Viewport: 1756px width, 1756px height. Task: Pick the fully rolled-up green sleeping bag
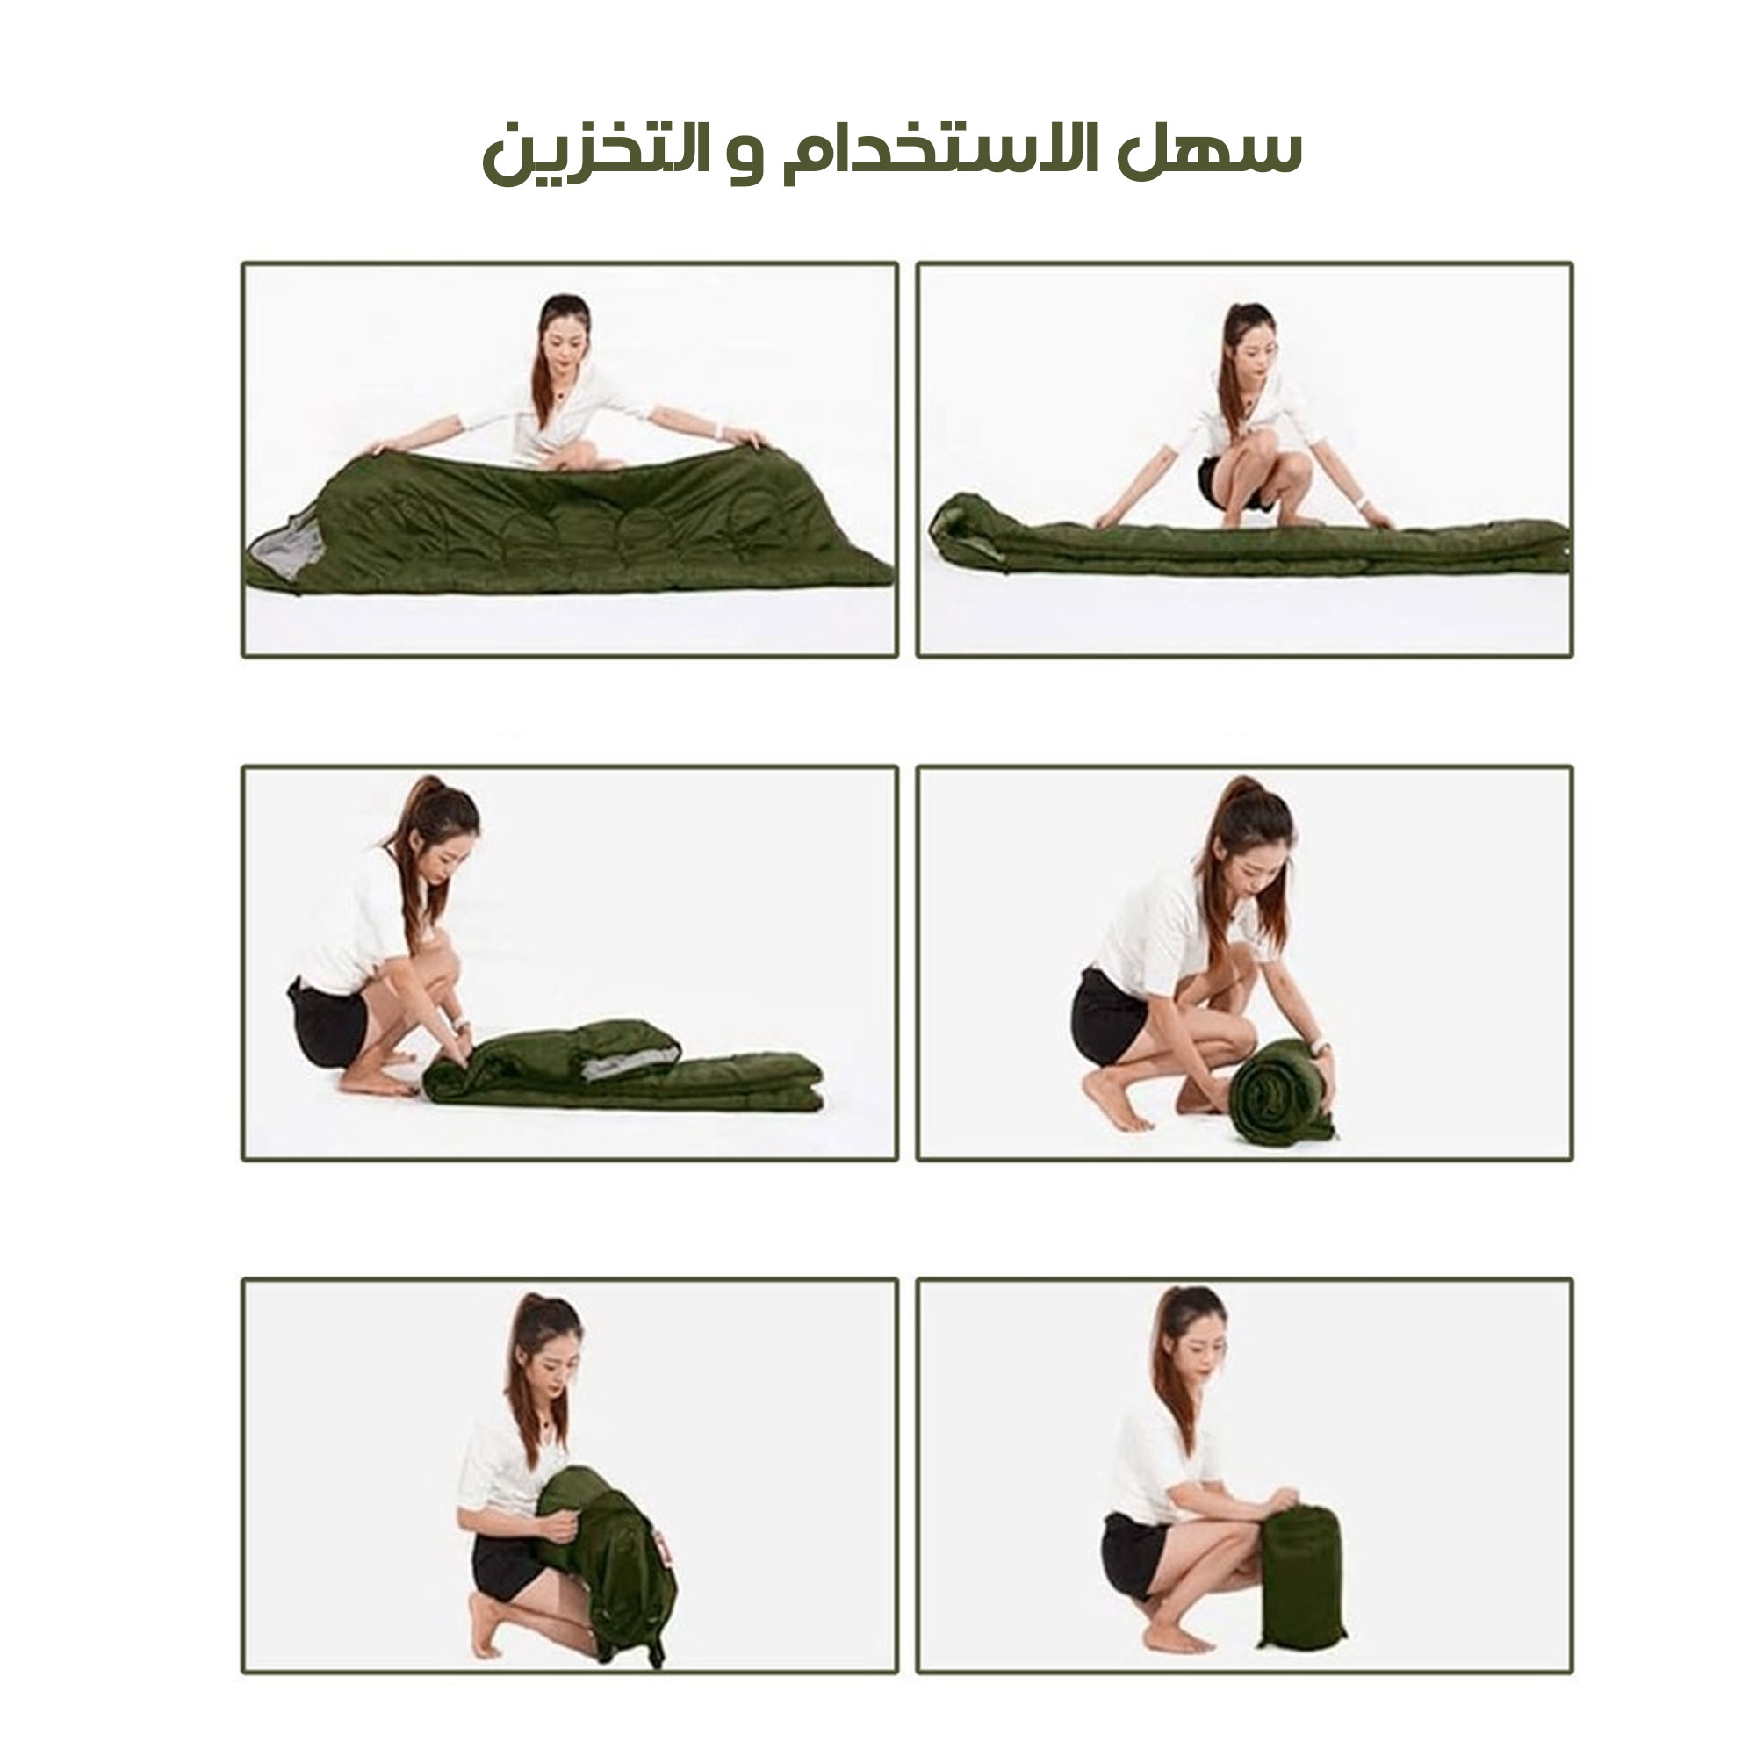(1280, 1092)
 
